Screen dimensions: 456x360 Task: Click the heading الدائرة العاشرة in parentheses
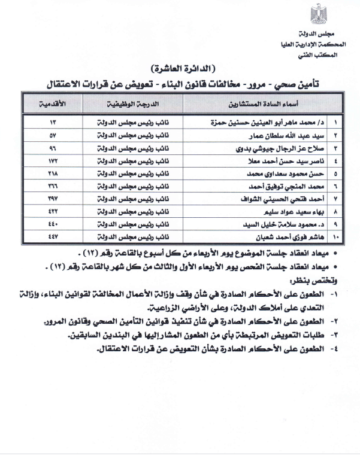pos(179,68)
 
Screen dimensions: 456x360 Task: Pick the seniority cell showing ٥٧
pos(54,135)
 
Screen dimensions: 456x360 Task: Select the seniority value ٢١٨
pos(54,174)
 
